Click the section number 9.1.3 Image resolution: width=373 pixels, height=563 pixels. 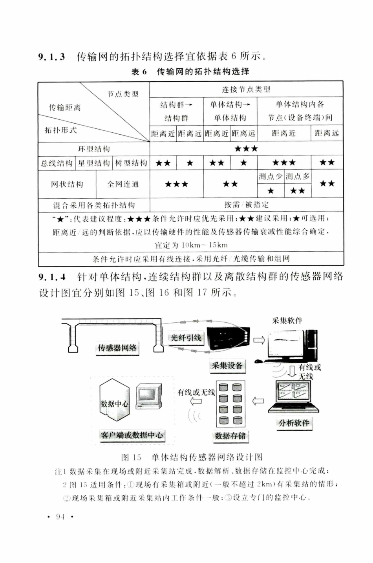[x=51, y=57]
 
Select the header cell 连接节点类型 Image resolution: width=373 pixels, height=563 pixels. [x=246, y=90]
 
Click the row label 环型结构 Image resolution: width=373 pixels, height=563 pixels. [x=94, y=149]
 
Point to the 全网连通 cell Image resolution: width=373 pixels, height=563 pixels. [x=123, y=184]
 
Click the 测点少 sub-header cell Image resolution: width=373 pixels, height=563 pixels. [x=271, y=177]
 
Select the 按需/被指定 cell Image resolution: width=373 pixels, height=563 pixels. [x=246, y=205]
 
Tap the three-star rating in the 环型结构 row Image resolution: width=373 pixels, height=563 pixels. [x=246, y=149]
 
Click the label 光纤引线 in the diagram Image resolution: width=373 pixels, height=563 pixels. [x=186, y=338]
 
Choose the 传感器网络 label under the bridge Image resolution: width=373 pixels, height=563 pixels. [x=117, y=347]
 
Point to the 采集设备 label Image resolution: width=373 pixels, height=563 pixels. [x=227, y=366]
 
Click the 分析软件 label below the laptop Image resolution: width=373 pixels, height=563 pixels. [x=294, y=423]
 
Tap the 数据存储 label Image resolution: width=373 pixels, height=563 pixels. [x=230, y=435]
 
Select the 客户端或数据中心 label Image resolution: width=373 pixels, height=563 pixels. [x=132, y=435]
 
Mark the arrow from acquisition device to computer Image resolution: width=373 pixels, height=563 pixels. [x=259, y=340]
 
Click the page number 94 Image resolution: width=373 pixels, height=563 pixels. [x=60, y=517]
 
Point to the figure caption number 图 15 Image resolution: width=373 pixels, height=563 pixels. [x=131, y=457]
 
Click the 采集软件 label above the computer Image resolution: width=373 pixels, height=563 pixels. [x=287, y=320]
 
